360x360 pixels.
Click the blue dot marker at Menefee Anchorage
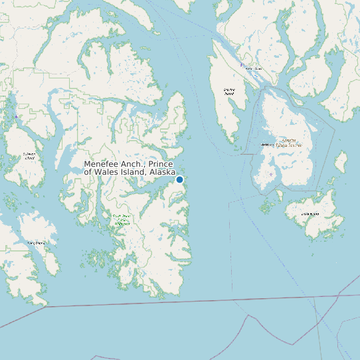point(179,179)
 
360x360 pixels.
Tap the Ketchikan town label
point(252,68)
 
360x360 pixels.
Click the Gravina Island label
point(229,92)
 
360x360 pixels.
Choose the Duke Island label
point(310,214)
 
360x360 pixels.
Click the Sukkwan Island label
point(29,156)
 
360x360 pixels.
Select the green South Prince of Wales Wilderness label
point(121,220)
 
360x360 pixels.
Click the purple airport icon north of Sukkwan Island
point(16,117)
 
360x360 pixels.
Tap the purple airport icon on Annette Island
point(271,175)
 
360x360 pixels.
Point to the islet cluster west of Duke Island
point(268,208)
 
